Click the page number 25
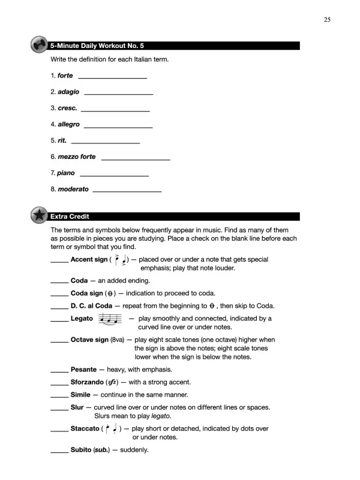coord(327,19)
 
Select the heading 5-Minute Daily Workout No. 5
coord(97,46)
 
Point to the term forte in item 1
coord(65,76)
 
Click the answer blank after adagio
coord(119,92)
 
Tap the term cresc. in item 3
coord(67,108)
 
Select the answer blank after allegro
coord(118,125)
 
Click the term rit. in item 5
coord(62,140)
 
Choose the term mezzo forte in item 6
coord(76,157)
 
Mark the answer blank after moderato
coord(127,190)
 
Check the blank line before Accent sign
coord(59,261)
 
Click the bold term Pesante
coord(83,370)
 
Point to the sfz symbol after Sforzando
coord(111,382)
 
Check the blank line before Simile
coord(59,396)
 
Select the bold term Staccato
coord(85,428)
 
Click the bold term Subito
coord(81,450)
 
